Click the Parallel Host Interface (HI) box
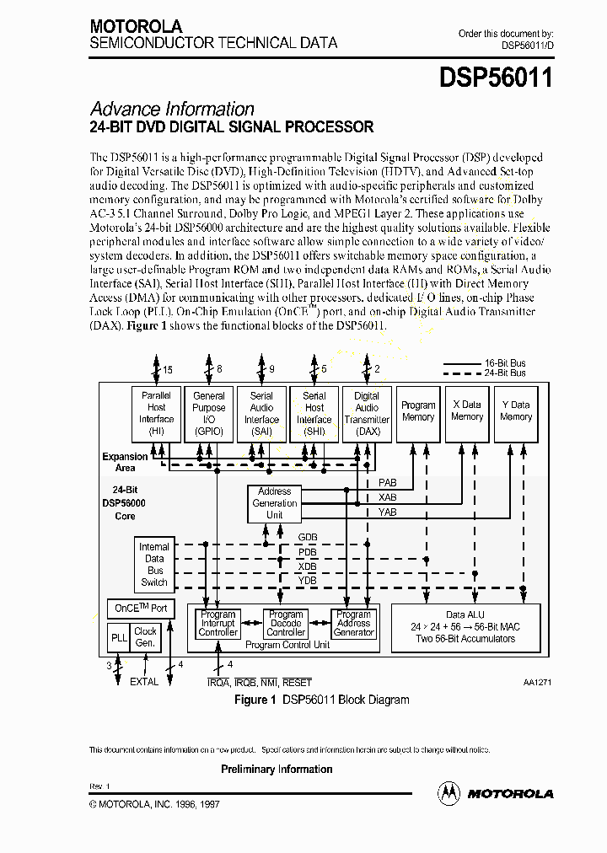click(x=157, y=413)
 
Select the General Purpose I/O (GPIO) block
click(x=209, y=413)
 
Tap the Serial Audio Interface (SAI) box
click(x=261, y=413)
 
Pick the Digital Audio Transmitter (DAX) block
click(x=367, y=413)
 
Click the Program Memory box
click(x=418, y=413)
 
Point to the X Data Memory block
click(x=467, y=413)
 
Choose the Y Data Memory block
click(x=516, y=413)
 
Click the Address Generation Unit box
click(x=274, y=503)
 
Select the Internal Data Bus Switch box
click(x=154, y=564)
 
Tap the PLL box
click(x=119, y=638)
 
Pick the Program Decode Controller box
click(x=286, y=624)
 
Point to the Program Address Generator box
click(x=353, y=624)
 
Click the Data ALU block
click(x=465, y=628)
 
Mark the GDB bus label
click(x=308, y=537)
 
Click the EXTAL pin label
click(x=143, y=682)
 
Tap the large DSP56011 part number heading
click(x=496, y=78)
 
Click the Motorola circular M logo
click(x=449, y=792)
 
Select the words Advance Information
click(x=172, y=109)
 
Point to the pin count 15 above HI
click(x=167, y=369)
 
